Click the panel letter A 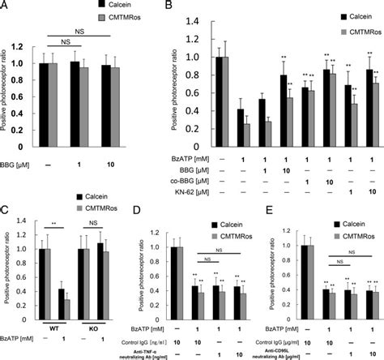point(7,6)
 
